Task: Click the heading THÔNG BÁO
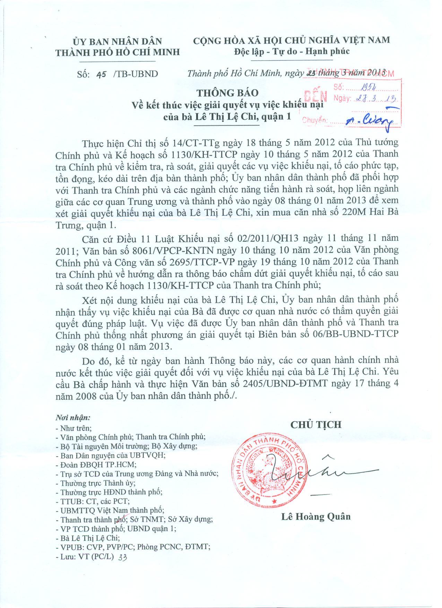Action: point(227,93)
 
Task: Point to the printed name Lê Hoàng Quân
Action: point(316,517)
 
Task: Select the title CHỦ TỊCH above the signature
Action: point(316,424)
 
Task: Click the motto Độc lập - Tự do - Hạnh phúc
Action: point(292,51)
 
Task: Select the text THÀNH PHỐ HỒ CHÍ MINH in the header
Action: point(118,52)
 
